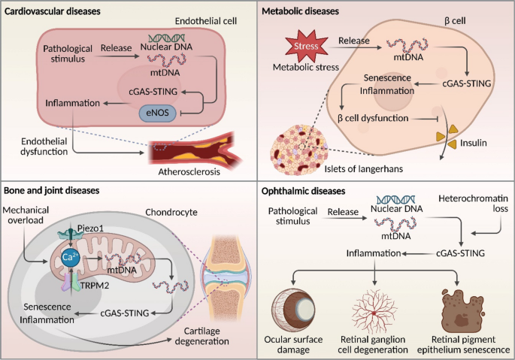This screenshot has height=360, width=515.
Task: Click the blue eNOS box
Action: [x=158, y=113]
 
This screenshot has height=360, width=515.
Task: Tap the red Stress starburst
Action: [x=306, y=46]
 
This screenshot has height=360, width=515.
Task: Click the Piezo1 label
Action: [x=90, y=228]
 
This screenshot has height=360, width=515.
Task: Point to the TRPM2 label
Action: [x=95, y=286]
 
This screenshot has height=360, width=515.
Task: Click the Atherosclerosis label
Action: [x=189, y=172]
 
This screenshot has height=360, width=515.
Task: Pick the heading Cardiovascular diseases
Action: [x=52, y=11]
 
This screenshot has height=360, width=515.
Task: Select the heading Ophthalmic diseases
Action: [x=303, y=191]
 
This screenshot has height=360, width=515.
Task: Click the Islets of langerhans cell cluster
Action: [x=299, y=150]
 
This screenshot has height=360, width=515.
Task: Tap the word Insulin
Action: [x=474, y=143]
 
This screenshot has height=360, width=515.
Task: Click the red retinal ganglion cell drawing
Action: [x=374, y=311]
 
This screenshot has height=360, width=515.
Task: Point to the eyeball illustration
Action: [x=293, y=310]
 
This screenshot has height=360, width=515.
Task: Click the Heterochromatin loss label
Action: [x=474, y=204]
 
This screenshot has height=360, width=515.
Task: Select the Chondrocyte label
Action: [x=171, y=212]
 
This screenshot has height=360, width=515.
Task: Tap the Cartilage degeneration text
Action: [x=202, y=336]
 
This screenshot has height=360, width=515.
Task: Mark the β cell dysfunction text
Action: [x=373, y=118]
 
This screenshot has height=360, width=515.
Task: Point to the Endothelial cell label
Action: [x=206, y=21]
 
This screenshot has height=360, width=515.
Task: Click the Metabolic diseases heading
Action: [x=300, y=11]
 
